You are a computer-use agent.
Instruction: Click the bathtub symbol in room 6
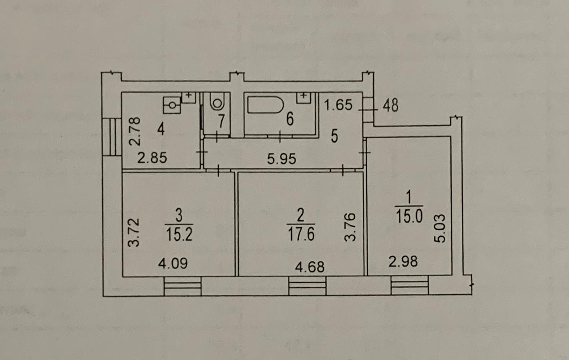266,105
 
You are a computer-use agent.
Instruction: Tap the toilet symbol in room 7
217,103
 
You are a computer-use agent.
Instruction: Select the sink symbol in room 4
172,105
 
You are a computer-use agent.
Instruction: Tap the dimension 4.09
173,263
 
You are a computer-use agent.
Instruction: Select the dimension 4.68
310,267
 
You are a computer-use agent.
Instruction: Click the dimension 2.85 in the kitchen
152,158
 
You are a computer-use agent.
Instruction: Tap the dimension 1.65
338,106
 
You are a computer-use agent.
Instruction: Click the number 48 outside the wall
390,106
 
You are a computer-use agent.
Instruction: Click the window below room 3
182,286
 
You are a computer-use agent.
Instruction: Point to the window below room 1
410,285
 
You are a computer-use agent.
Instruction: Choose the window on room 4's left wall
112,137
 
